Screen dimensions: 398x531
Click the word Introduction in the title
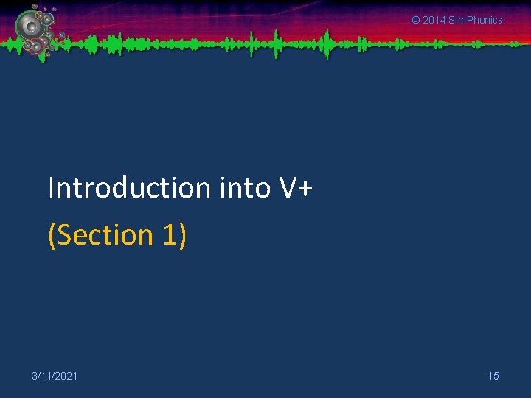130,188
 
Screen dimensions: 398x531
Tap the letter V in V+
288,189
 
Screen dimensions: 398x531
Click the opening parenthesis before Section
52,235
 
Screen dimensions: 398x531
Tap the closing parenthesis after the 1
181,235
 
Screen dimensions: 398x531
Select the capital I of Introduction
51,188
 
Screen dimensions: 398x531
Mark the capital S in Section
64,234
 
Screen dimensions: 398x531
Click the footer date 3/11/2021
55,376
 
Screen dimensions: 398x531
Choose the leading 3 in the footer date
35,376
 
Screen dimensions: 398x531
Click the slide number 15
493,376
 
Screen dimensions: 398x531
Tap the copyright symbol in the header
415,20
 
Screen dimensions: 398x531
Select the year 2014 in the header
434,20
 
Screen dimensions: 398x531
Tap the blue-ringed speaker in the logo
47,19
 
